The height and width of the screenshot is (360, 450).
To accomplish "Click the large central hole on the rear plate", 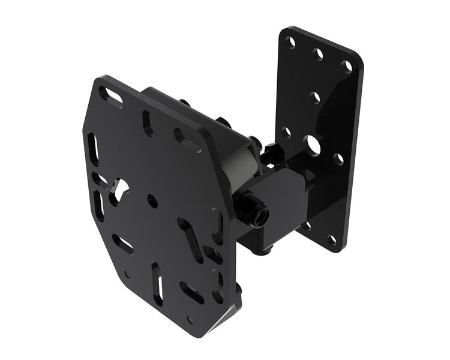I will (313, 144).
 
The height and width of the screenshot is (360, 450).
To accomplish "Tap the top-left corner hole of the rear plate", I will (290, 43).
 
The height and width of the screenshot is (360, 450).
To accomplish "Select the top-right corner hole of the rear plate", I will (347, 66).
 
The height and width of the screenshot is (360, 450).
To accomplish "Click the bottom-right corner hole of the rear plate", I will (331, 240).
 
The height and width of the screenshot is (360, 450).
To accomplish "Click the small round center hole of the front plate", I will (153, 202).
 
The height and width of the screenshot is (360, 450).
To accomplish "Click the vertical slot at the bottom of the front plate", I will (157, 284).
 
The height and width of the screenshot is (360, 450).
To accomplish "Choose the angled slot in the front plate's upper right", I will (188, 140).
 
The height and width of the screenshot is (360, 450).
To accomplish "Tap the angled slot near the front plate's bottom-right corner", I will (193, 292).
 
